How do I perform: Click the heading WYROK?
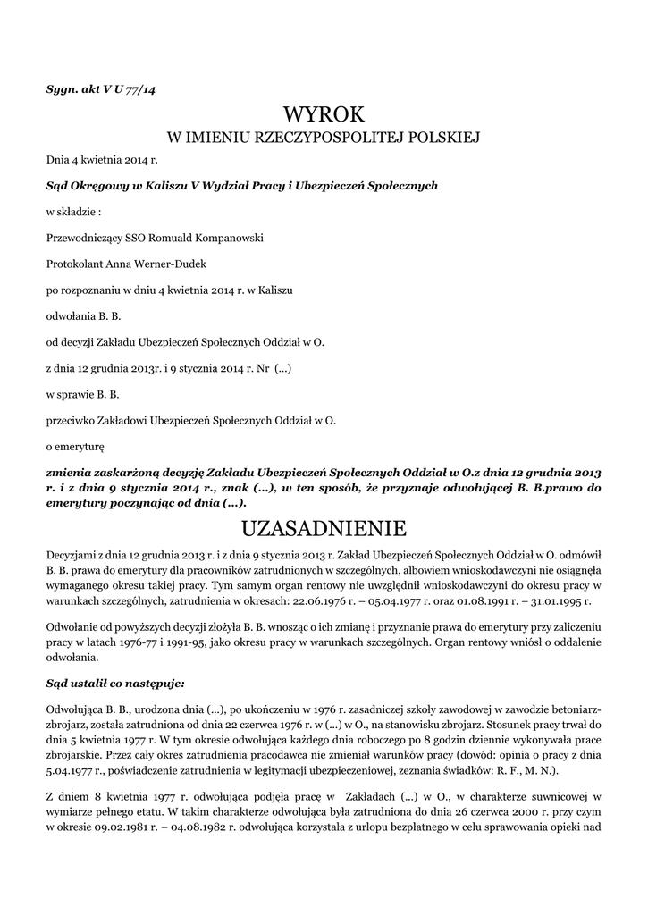click(x=324, y=114)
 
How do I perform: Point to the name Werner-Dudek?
click(x=157, y=264)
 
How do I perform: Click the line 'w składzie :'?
click(x=72, y=213)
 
